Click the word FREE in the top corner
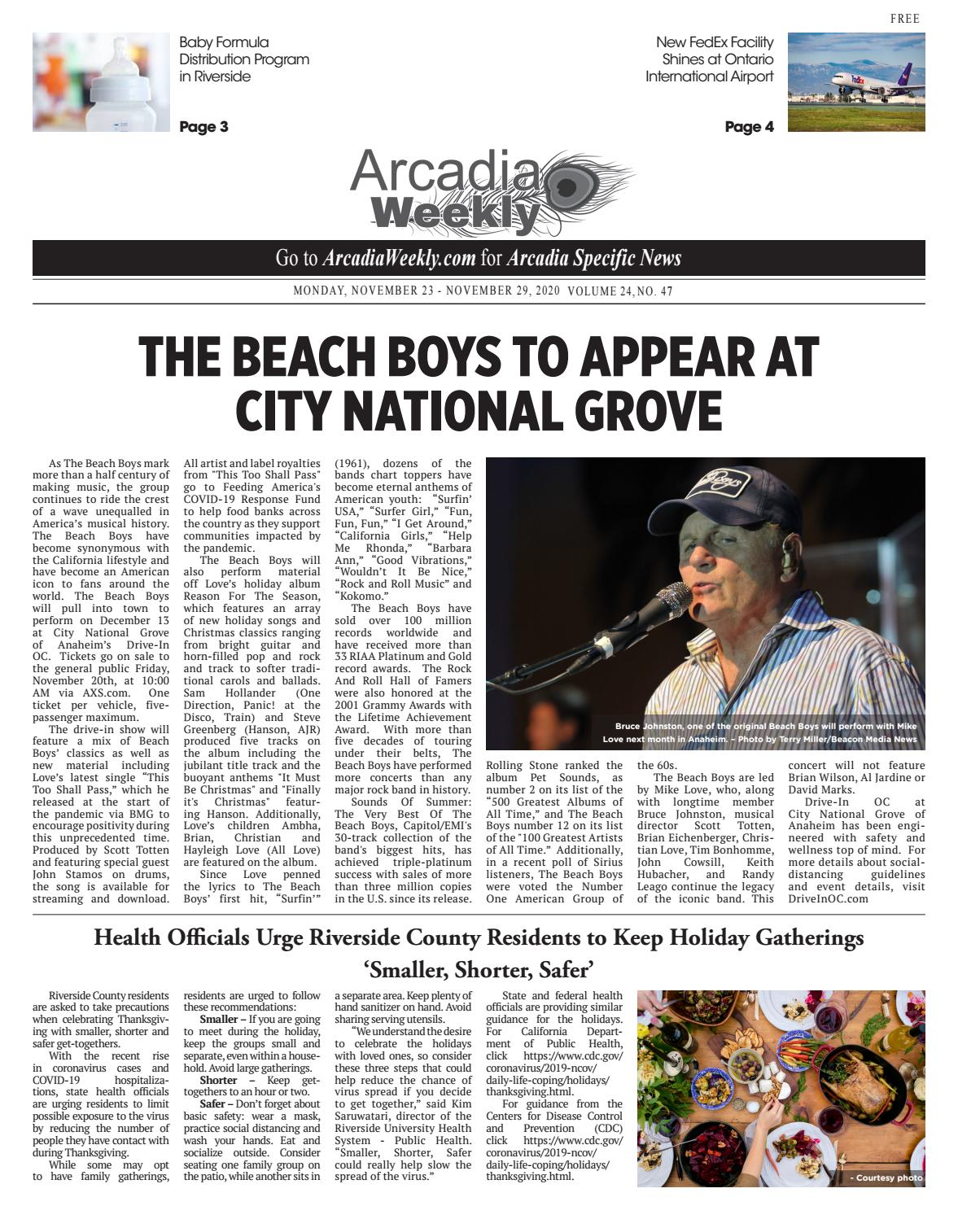[905, 19]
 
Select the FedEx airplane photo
[856, 81]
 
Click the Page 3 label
[203, 127]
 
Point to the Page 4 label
[749, 127]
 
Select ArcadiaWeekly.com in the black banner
[399, 259]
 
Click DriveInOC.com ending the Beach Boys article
[828, 898]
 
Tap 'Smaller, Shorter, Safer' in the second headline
[479, 970]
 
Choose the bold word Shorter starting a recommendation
[218, 1081]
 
